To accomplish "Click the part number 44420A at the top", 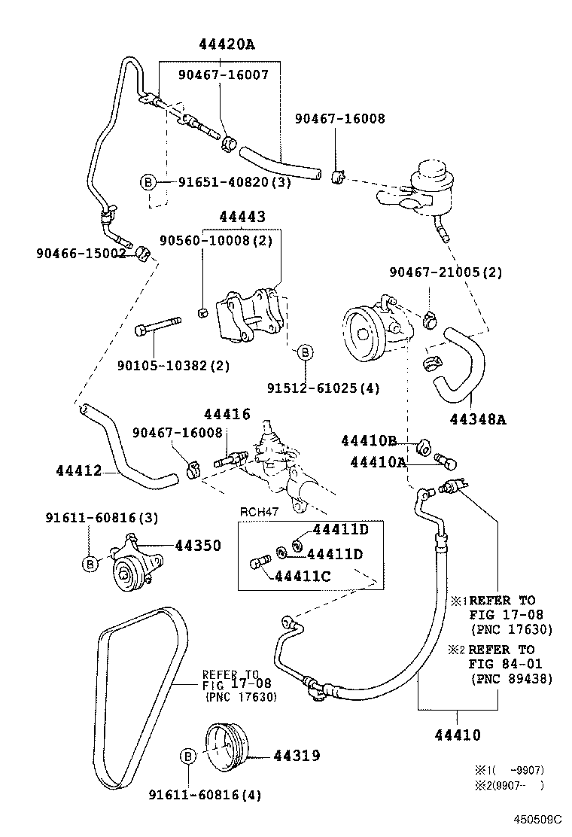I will coord(227,44).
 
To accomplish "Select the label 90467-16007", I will coord(223,75).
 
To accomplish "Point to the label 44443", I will coord(242,217).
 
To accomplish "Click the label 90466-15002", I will coord(81,254).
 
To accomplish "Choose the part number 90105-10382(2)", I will coord(163,366).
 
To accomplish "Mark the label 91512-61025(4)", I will coord(324,388).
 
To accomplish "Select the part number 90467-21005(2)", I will coord(446,271).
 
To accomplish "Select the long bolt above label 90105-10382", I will coord(159,330).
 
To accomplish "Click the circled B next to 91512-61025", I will coord(306,352).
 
